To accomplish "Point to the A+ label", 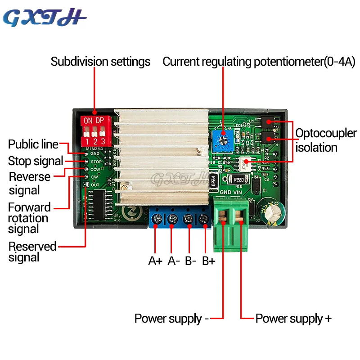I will pyautogui.click(x=155, y=261).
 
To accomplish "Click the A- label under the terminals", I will pyautogui.click(x=174, y=261).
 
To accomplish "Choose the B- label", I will pyautogui.click(x=191, y=261).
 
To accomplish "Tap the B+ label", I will pyautogui.click(x=208, y=261).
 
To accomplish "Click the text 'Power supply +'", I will pyautogui.click(x=293, y=319).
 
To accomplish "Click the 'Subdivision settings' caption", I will pyautogui.click(x=100, y=62).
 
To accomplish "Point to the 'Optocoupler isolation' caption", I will pyautogui.click(x=325, y=140).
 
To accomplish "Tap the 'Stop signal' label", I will pyautogui.click(x=36, y=161).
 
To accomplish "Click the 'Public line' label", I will pyautogui.click(x=33, y=144).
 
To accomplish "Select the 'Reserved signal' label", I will pyautogui.click(x=32, y=252).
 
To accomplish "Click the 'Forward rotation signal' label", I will pyautogui.click(x=29, y=218).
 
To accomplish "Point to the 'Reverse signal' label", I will pyautogui.click(x=29, y=183).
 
